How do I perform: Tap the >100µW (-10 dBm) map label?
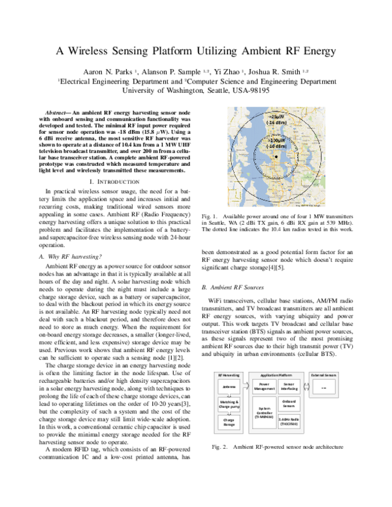pos(274,143)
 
